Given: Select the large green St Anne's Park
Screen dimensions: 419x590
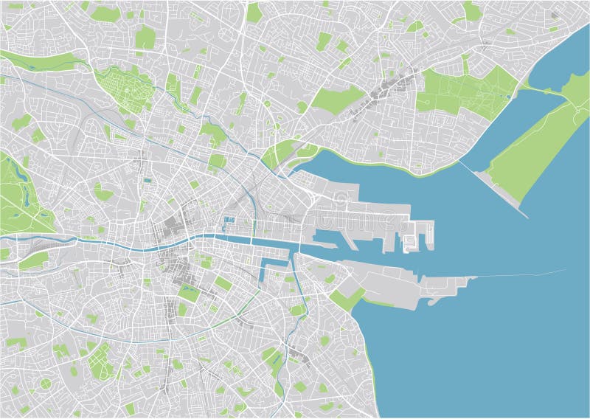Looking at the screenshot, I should (465, 92).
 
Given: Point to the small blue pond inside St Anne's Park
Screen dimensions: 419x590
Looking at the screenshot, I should (510, 95).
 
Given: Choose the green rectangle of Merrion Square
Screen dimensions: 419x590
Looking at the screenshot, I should (223, 283).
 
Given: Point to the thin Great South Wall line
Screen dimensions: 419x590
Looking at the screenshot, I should (516, 274).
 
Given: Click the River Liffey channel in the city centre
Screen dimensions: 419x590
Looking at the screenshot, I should (184, 242).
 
